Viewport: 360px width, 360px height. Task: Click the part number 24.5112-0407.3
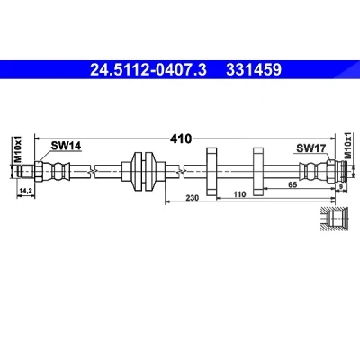148,70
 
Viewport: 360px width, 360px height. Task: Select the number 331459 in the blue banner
254,70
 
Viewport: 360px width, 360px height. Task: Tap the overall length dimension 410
181,139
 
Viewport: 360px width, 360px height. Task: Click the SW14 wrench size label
66,146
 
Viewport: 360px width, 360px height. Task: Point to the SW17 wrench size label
311,148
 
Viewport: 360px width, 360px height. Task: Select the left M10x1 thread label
19,149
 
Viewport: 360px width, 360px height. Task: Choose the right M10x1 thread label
348,145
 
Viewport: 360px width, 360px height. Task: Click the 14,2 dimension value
26,191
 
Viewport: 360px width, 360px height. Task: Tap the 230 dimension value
193,198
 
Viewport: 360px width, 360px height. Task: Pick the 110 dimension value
239,194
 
